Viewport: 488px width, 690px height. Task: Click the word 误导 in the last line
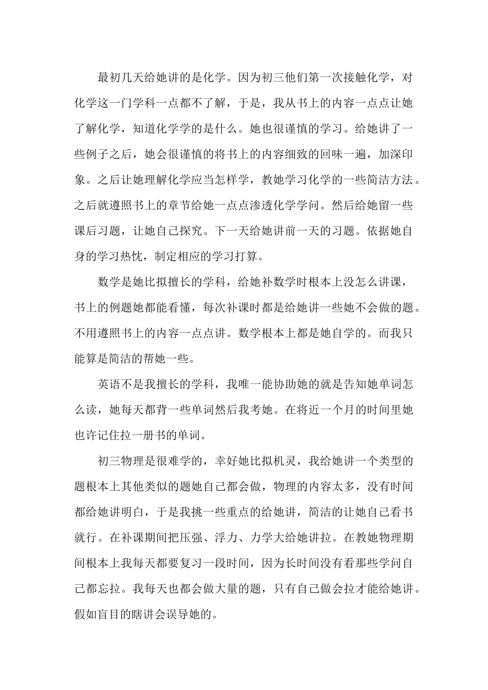(x=180, y=614)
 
